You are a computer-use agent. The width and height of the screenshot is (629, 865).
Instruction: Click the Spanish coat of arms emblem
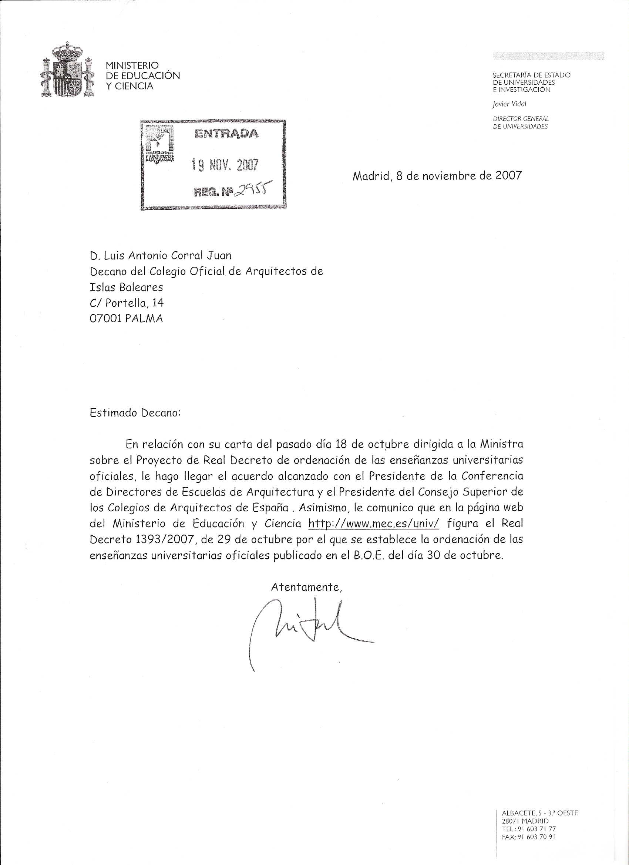pos(67,71)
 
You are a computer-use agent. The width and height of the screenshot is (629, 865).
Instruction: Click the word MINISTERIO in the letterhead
pos(132,65)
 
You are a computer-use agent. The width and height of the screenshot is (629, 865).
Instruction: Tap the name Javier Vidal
pos(509,104)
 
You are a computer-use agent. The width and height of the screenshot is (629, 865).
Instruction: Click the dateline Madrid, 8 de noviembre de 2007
pos(437,176)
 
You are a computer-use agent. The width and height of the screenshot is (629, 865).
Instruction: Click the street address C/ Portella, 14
pos(126,303)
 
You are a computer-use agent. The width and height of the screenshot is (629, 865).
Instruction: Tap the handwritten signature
pos(301,626)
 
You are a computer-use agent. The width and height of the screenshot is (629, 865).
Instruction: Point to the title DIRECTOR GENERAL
pos(520,119)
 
